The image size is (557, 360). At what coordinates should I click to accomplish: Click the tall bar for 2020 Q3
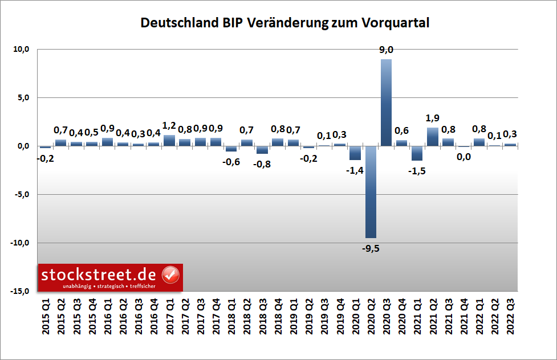coord(386,103)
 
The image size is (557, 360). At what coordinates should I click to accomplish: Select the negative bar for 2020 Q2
coord(371,191)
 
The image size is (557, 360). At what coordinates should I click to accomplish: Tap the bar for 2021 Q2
coord(433,137)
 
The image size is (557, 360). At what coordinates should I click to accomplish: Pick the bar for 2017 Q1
coord(169,140)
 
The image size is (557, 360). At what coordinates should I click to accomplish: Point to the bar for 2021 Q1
coord(417,153)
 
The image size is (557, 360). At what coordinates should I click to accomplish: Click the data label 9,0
coord(387,50)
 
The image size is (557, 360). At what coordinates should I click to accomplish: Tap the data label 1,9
coord(433,118)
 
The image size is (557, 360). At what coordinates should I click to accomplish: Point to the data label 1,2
coord(169,125)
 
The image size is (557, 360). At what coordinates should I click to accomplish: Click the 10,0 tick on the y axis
coord(21,50)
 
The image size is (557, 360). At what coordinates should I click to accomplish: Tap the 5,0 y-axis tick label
coord(23,98)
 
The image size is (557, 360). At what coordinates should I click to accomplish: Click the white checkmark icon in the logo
coord(170,275)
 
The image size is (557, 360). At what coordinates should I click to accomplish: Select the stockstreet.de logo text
coord(100,275)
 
